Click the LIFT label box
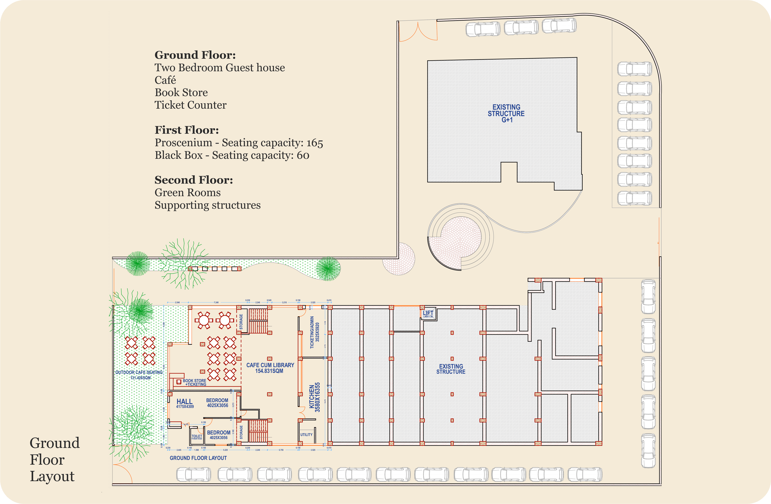[x=428, y=313]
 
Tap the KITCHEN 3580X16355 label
[x=314, y=397]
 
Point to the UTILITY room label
[x=306, y=435]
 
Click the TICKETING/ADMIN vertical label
[x=315, y=332]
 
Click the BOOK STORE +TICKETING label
[x=194, y=382]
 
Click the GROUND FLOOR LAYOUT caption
[x=198, y=458]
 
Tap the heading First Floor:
[x=187, y=130]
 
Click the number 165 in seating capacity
[x=315, y=143]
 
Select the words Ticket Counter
[x=190, y=105]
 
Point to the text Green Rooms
[x=188, y=193]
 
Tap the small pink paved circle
[x=399, y=259]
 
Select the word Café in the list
[x=165, y=80]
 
